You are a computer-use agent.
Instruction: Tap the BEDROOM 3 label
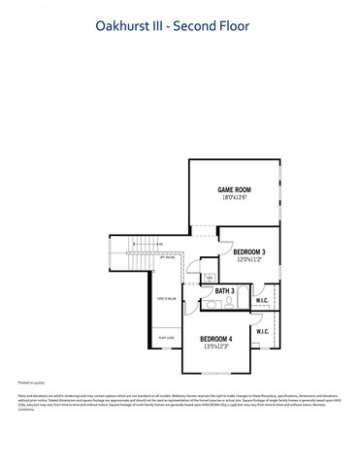(249, 252)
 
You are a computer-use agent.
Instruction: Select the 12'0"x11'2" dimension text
(249, 260)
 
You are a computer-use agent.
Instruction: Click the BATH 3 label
(225, 291)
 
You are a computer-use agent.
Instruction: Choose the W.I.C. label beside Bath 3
(262, 301)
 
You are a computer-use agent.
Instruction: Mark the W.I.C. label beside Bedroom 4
(263, 331)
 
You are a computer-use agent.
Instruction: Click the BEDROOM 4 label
(216, 338)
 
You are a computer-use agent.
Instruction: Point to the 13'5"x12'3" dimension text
(216, 347)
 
